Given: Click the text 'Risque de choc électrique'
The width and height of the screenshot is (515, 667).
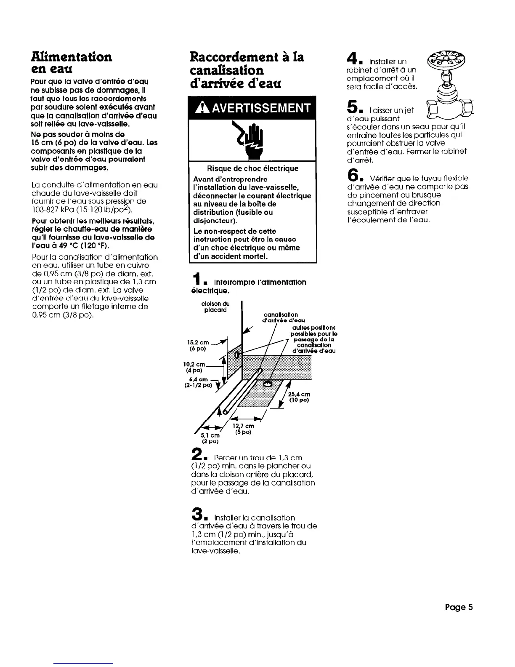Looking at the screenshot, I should [x=252, y=168].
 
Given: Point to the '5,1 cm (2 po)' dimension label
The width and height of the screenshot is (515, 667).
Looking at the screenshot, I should [x=210, y=438].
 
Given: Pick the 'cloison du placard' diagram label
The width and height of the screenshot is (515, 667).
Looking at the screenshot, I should [x=215, y=307].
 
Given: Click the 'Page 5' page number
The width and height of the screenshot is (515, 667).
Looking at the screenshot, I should [x=459, y=607].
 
